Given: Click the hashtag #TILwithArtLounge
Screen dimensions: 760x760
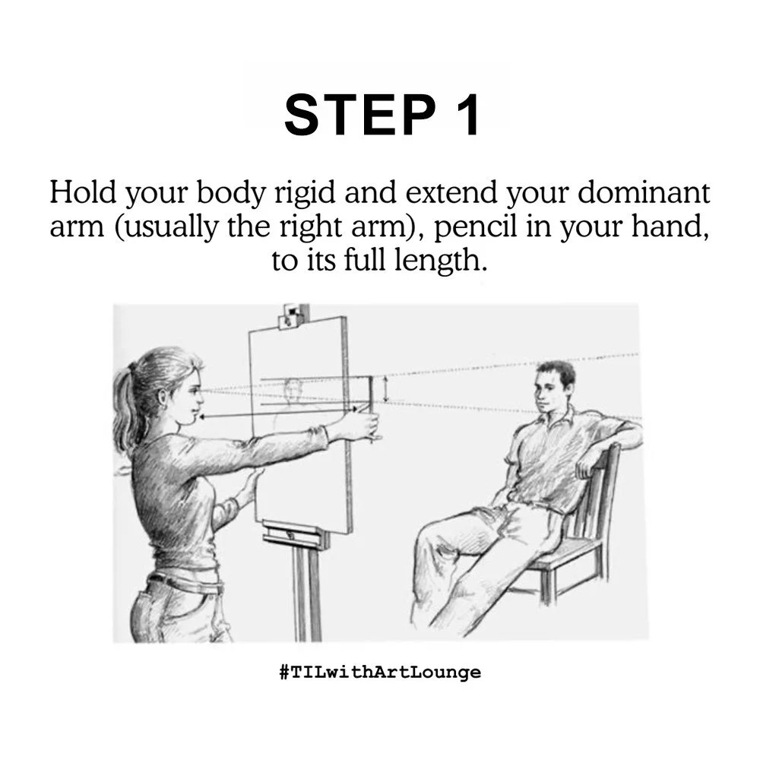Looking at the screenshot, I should pyautogui.click(x=379, y=672).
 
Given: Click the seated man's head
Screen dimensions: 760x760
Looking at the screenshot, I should pyautogui.click(x=553, y=386).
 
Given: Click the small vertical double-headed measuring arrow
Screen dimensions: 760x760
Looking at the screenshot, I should pyautogui.click(x=386, y=390).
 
